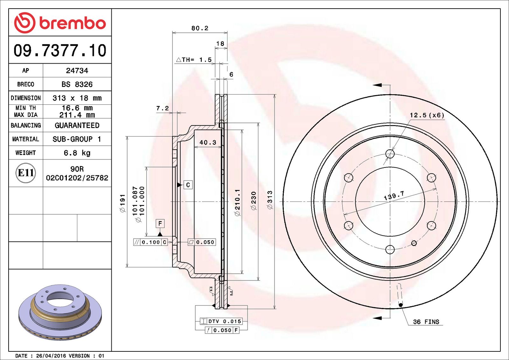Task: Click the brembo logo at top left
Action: coord(60,23)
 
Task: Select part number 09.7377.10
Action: coord(60,50)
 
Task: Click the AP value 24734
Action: coord(77,70)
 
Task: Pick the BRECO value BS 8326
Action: coord(77,84)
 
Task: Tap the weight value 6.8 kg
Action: coord(77,153)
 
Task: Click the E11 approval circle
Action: coord(26,173)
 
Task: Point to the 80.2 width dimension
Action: coord(200,28)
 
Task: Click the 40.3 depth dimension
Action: coord(208,142)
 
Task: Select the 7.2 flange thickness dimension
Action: coord(163,108)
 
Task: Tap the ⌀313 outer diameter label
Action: coord(270,200)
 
